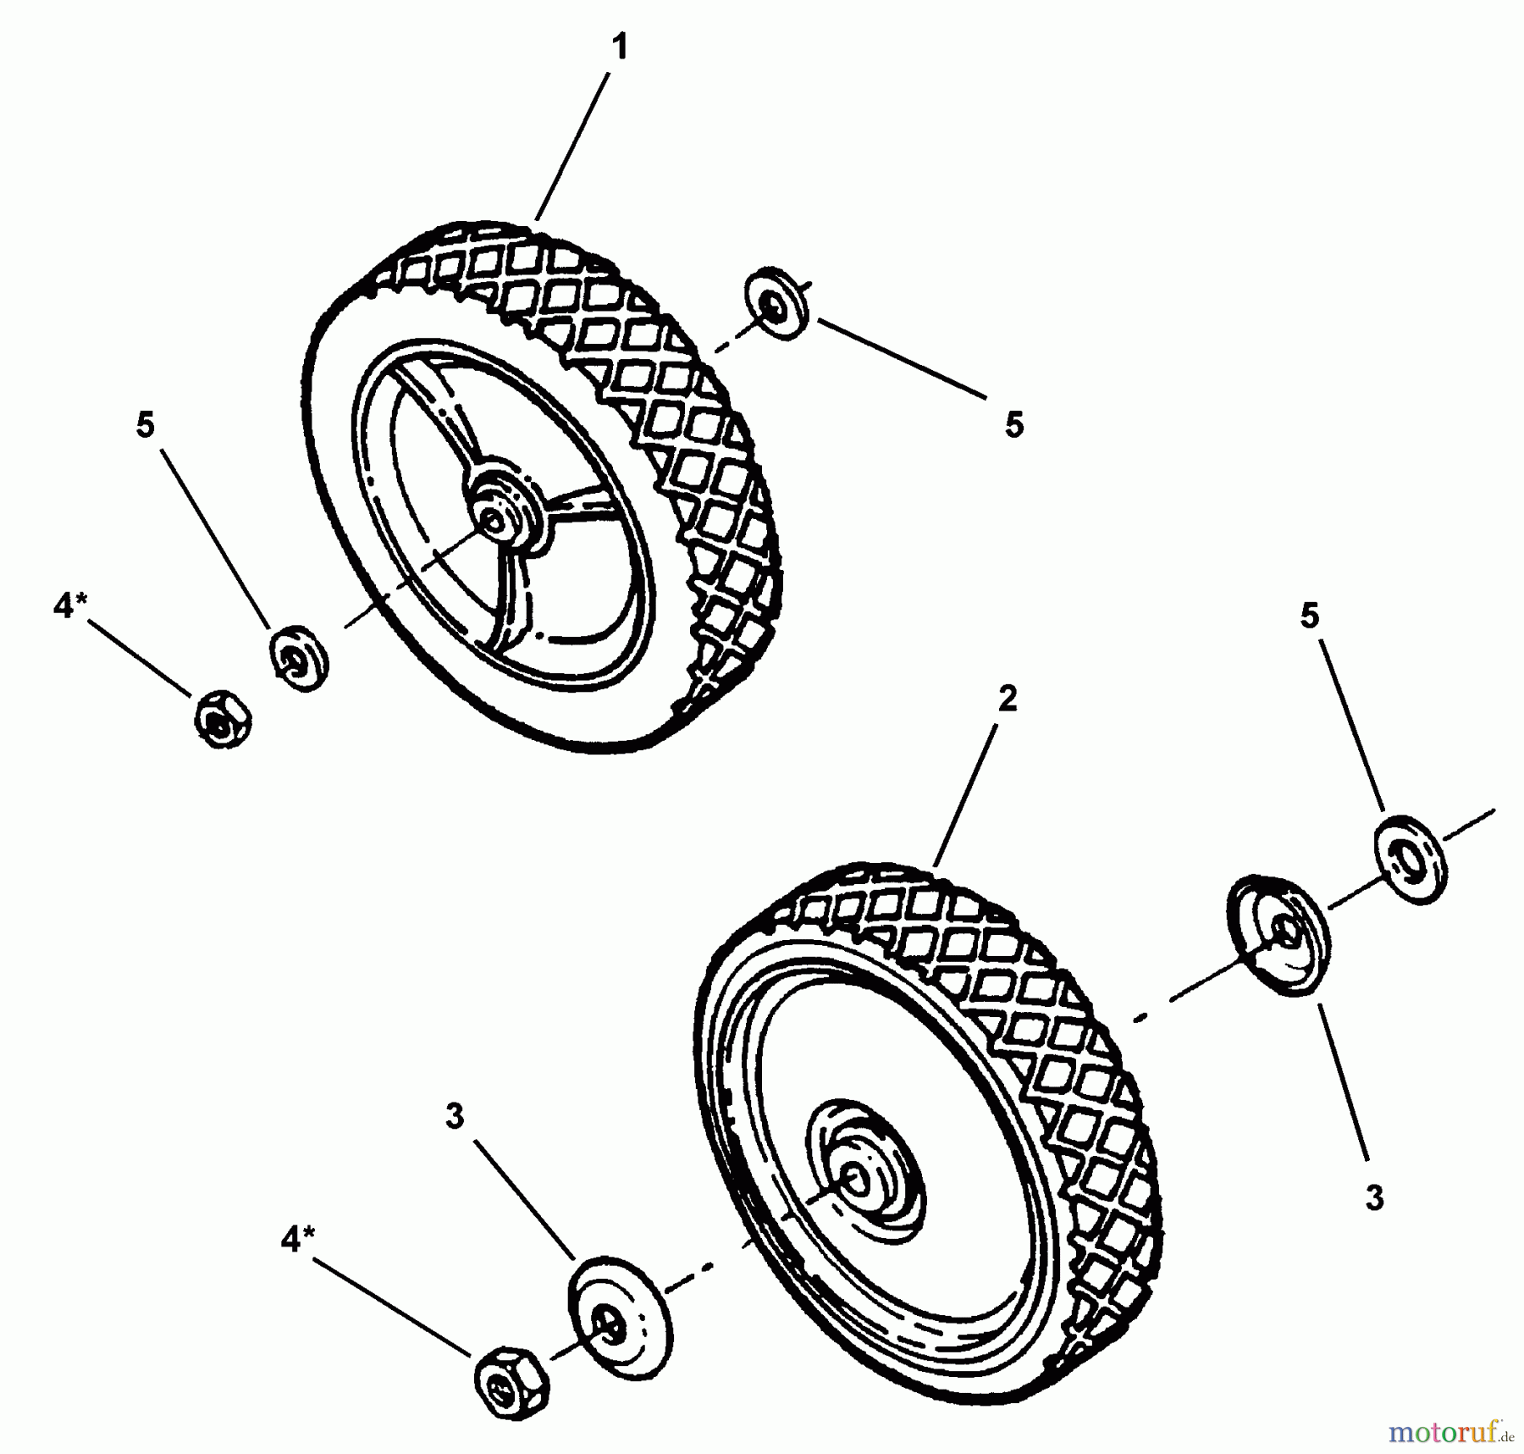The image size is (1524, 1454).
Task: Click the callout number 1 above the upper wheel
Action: [620, 47]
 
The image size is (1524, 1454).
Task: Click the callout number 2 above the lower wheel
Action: [1007, 699]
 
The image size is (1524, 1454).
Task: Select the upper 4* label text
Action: [69, 606]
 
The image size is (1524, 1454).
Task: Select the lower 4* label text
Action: [296, 1241]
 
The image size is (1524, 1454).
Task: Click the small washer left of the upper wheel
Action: [299, 658]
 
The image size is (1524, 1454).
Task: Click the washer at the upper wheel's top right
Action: [776, 305]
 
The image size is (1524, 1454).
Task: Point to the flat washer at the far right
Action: [1409, 860]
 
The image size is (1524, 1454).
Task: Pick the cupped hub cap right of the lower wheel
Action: [1278, 936]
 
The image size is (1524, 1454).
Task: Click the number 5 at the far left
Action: [146, 425]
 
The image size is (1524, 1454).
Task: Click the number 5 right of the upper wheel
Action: [1013, 424]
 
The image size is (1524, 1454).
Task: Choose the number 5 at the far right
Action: [1309, 616]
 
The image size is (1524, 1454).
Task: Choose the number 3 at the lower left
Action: [455, 1118]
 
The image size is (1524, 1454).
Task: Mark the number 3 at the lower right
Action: [1374, 1197]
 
